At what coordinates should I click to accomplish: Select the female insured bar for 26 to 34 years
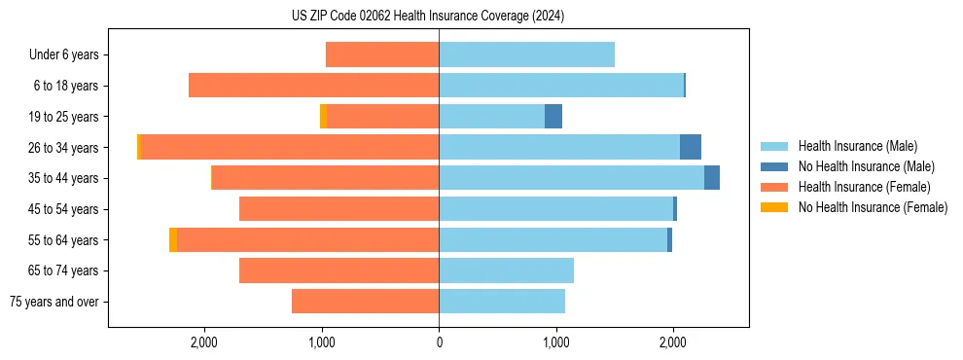290,147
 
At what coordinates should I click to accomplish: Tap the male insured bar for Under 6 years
526,54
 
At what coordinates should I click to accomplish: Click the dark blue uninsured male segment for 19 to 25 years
553,117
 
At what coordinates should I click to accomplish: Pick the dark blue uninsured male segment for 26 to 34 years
690,147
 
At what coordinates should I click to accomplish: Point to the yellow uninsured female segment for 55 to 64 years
173,240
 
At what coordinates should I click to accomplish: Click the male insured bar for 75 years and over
502,302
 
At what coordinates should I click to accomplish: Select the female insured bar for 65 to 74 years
339,270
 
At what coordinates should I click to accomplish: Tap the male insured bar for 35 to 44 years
571,178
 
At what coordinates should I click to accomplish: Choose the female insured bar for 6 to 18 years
313,86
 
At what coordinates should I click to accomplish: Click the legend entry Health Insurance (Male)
857,146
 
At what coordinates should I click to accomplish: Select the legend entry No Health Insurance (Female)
873,207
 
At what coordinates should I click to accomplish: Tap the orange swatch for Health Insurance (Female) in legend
774,187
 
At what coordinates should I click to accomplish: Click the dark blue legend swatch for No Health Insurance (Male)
774,166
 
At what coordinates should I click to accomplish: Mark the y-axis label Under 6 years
63,54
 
